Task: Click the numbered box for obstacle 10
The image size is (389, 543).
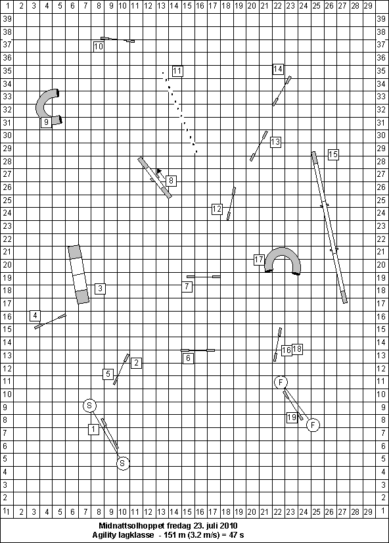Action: (x=99, y=47)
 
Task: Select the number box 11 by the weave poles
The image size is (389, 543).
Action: (x=177, y=71)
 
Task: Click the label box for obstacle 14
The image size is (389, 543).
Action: (x=278, y=69)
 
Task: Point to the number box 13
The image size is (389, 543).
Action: (x=275, y=141)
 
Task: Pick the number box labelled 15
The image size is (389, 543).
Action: (x=333, y=154)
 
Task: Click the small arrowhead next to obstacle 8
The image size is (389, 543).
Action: (x=159, y=171)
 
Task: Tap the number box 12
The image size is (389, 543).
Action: (x=217, y=209)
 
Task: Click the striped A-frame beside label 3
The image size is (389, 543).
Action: (x=79, y=274)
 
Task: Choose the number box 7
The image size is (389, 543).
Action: (x=187, y=287)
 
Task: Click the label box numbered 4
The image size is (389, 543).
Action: (x=35, y=316)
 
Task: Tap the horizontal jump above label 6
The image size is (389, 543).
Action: (x=198, y=350)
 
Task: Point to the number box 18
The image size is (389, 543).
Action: (x=297, y=349)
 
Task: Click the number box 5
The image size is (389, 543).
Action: (x=108, y=374)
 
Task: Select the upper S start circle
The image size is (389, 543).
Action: (x=89, y=406)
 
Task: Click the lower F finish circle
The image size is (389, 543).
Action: (x=313, y=425)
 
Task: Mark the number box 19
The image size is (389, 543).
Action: (x=292, y=417)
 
